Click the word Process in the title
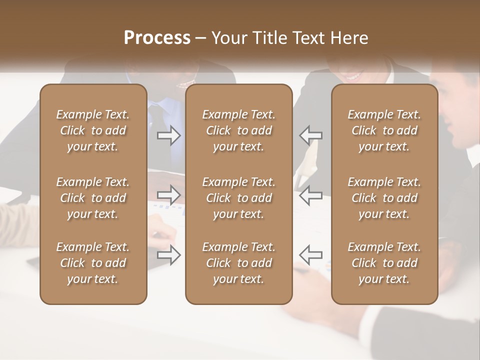[x=157, y=38]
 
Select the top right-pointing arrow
[x=169, y=135]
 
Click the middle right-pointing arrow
[x=169, y=195]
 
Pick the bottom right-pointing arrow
[x=169, y=255]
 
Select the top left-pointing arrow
[x=310, y=135]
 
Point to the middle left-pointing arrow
[x=310, y=195]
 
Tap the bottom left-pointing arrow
[x=310, y=254]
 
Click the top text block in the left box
[x=93, y=130]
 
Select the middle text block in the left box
[x=93, y=198]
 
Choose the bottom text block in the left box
[x=93, y=263]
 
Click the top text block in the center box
[x=238, y=130]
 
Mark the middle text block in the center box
[x=238, y=198]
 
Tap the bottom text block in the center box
[x=238, y=263]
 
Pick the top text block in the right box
[x=384, y=130]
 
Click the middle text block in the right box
[x=384, y=198]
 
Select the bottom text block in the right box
[x=384, y=263]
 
